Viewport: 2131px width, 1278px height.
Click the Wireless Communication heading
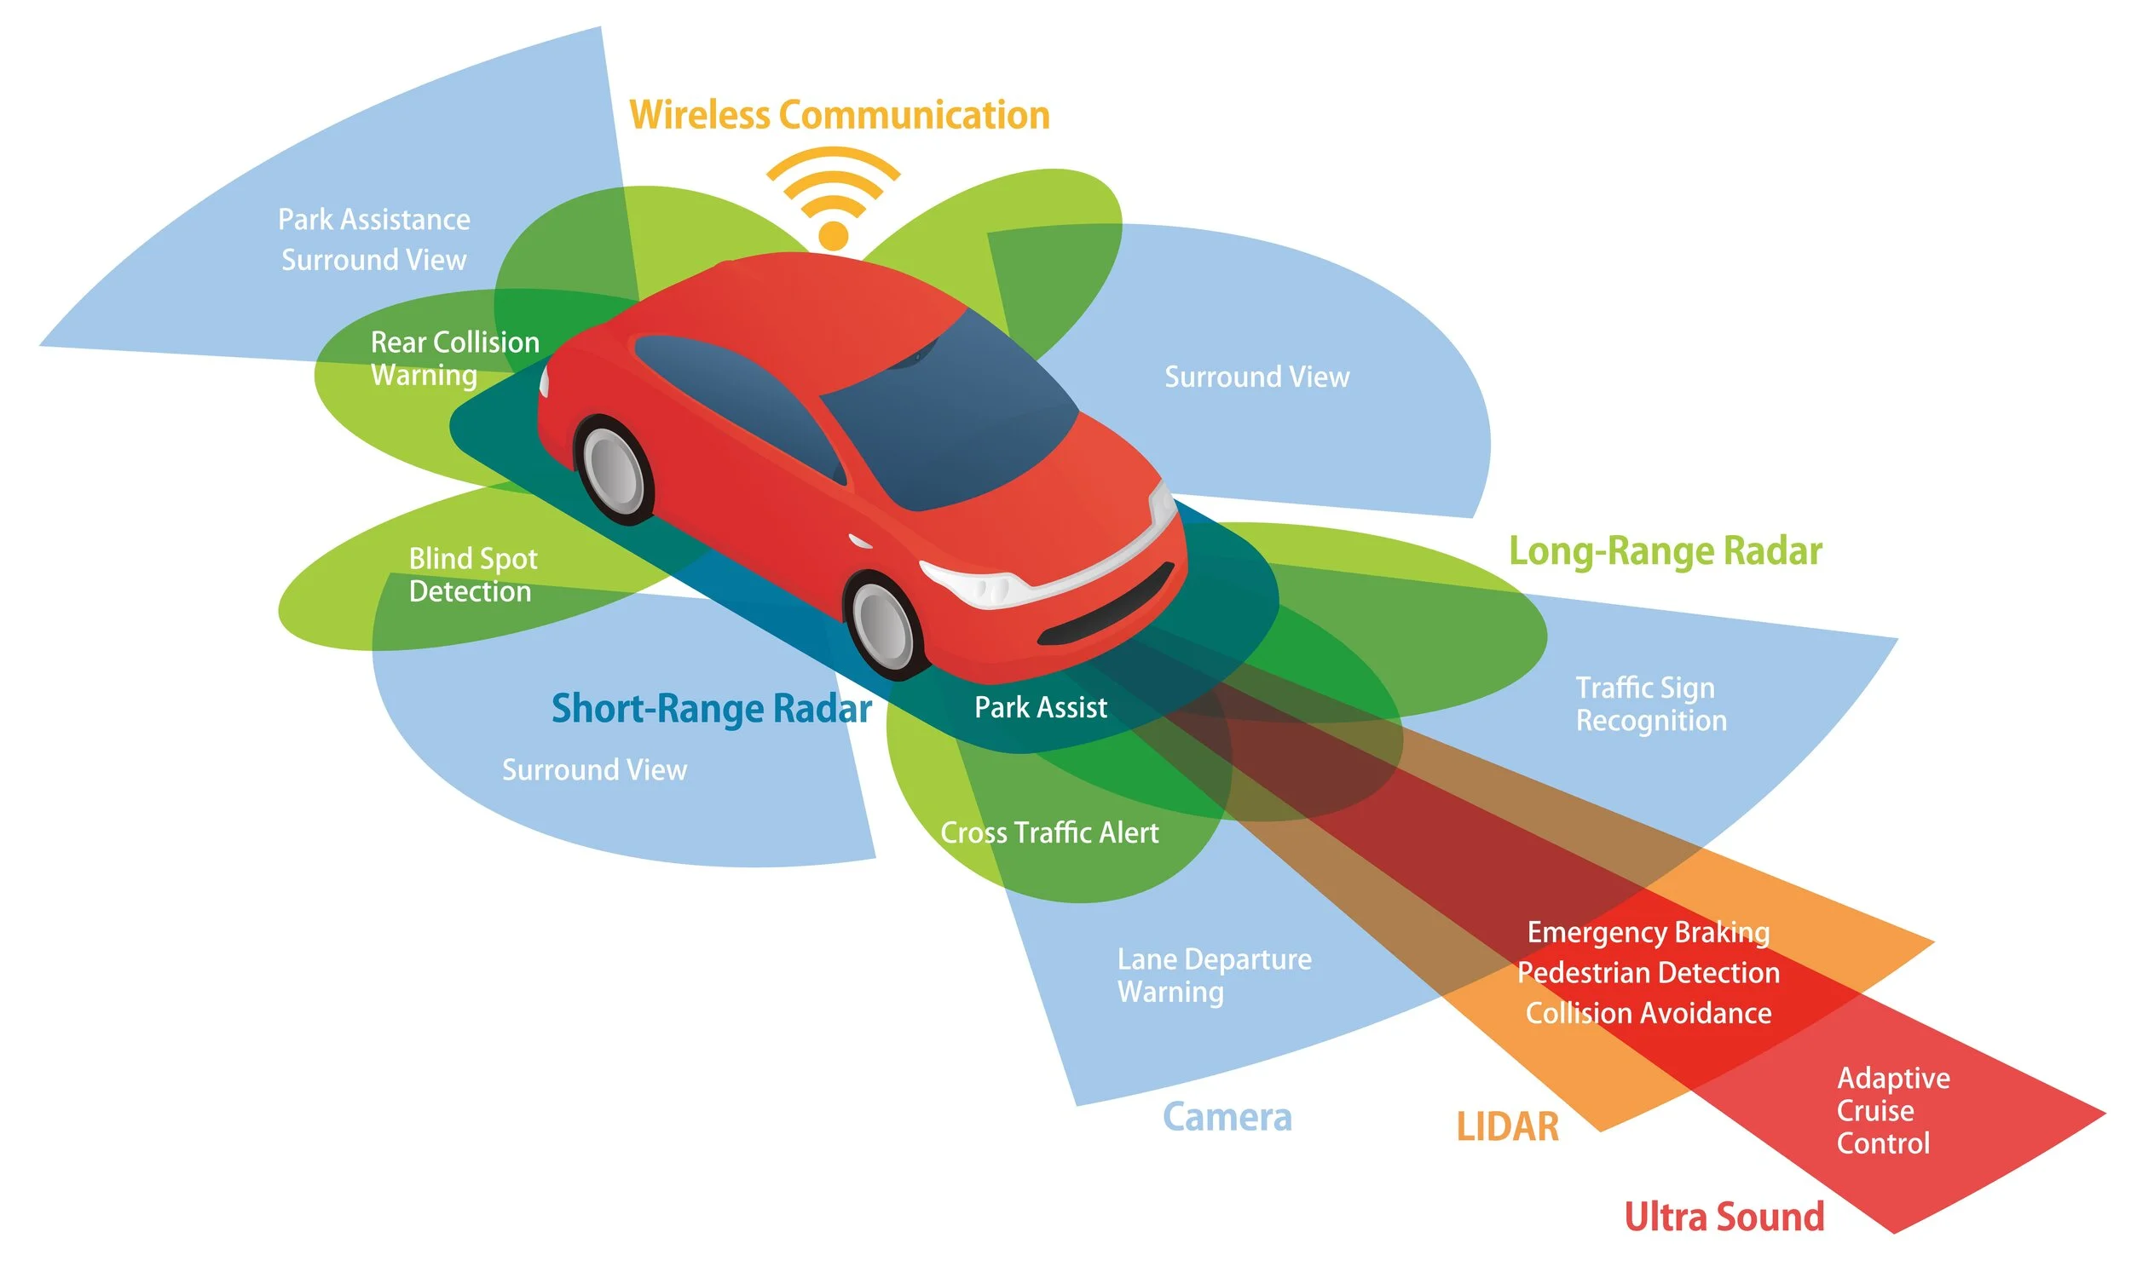point(839,115)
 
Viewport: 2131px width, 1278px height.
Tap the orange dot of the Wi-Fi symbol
point(833,235)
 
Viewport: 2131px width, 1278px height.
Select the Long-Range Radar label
point(1664,552)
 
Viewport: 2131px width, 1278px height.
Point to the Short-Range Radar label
point(711,709)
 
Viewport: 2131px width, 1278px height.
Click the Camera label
point(1227,1118)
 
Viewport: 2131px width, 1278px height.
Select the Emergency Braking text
point(1648,933)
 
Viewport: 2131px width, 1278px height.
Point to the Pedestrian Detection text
point(1648,973)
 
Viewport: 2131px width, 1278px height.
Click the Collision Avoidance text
point(1648,1014)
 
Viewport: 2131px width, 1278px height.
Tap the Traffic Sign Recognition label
point(1649,705)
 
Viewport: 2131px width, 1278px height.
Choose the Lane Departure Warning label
point(1213,976)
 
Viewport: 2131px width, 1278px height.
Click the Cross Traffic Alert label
point(1048,832)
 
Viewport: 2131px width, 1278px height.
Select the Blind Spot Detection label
point(472,575)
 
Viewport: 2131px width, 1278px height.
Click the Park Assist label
point(1040,708)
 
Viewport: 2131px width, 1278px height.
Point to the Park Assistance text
point(374,220)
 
